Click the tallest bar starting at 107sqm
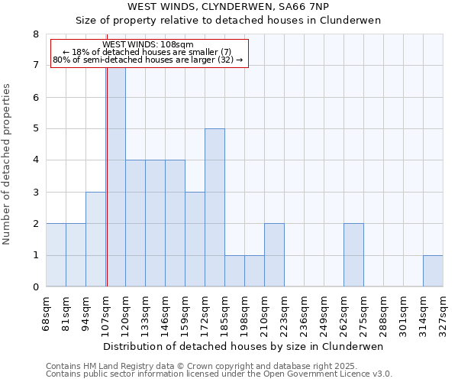116,176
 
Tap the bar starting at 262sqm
353,255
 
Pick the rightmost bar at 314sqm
433,271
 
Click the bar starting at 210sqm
274,255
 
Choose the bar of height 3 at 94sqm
95,239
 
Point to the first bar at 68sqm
56,255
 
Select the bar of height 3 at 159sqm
195,239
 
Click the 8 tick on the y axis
35,34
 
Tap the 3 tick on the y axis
35,193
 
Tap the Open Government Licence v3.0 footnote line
219,374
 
